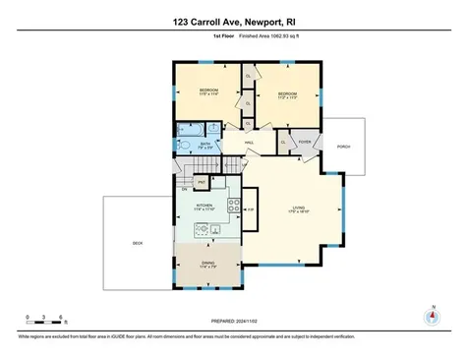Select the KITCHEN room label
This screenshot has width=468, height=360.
(193, 206)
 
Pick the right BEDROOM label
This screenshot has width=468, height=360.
(287, 95)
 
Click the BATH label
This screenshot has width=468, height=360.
(205, 144)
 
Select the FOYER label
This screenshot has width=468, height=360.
(305, 141)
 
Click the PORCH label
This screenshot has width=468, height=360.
(343, 148)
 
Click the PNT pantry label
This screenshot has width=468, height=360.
(202, 182)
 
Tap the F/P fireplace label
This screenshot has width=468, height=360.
(250, 210)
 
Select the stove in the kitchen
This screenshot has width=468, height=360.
(233, 207)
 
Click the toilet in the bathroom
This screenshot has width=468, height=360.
(184, 145)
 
